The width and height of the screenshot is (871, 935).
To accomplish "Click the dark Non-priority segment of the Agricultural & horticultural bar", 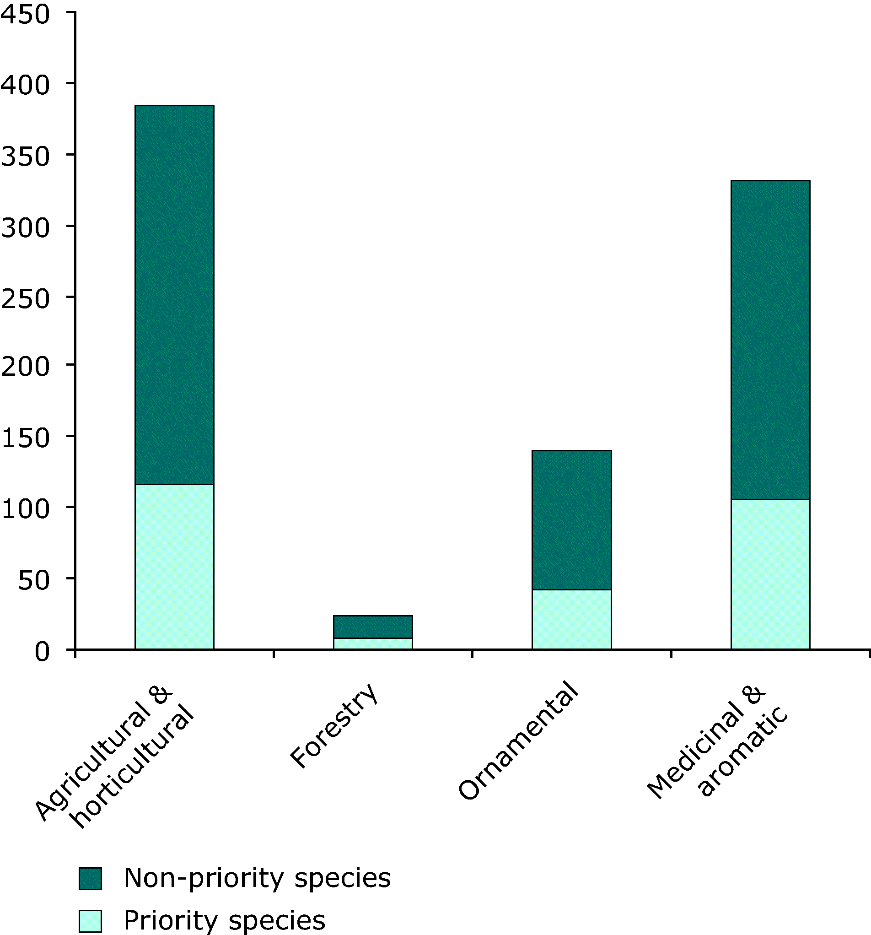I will (x=174, y=294).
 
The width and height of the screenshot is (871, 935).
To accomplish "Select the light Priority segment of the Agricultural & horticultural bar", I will (x=174, y=567).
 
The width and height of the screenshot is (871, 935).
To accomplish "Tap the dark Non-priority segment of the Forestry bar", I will (x=373, y=627).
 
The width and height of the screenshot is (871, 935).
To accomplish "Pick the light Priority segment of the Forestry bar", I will (x=373, y=643).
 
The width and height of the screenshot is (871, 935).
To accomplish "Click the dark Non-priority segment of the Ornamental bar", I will (x=571, y=520).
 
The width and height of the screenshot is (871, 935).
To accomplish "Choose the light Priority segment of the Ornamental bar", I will (x=571, y=619).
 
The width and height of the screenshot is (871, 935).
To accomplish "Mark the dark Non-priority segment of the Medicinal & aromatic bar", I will (x=770, y=340).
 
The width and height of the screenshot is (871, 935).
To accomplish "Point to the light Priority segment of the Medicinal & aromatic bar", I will (x=770, y=574).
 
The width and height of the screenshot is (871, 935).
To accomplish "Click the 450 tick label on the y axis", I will (x=25, y=14).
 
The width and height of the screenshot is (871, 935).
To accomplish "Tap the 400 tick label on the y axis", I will (x=25, y=85).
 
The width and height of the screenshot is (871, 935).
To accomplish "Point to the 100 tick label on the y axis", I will (x=25, y=509).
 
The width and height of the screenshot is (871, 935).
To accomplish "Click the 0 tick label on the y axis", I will (x=41, y=652).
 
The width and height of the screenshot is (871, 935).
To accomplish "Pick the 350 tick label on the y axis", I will (x=25, y=156).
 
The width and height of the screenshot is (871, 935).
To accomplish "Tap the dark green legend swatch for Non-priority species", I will (x=90, y=879).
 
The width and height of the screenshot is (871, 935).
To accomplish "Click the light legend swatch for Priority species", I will (x=90, y=921).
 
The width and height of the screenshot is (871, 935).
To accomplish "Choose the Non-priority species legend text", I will (x=257, y=878).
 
